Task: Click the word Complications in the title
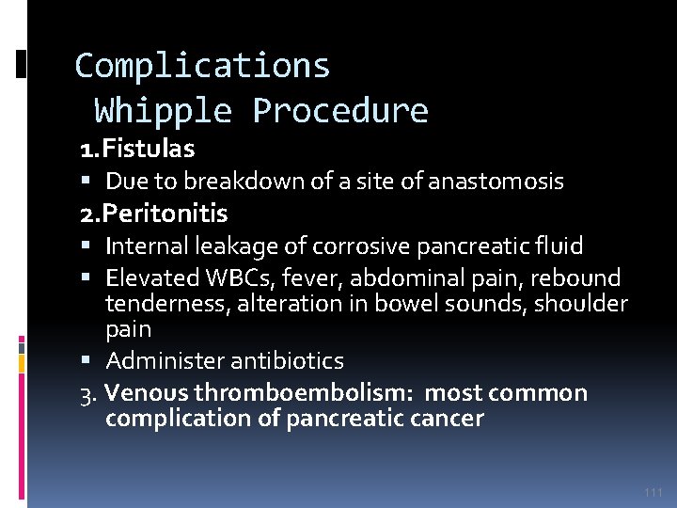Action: pyautogui.click(x=202, y=66)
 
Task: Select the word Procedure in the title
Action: pyautogui.click(x=340, y=111)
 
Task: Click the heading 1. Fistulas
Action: pyautogui.click(x=137, y=149)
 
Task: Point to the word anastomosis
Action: pyautogui.click(x=496, y=181)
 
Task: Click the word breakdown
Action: pyautogui.click(x=228, y=181)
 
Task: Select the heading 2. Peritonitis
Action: pyautogui.click(x=153, y=214)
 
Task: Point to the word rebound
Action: pyautogui.click(x=577, y=278)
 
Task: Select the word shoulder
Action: pyautogui.click(x=581, y=304)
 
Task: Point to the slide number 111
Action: pyautogui.click(x=653, y=492)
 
